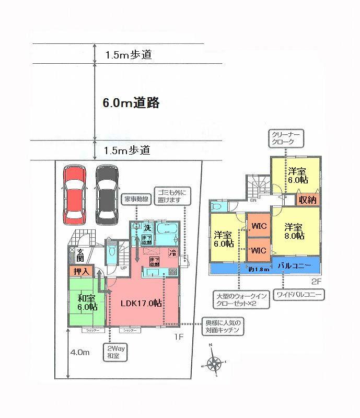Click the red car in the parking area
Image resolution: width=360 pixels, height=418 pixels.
[73, 194]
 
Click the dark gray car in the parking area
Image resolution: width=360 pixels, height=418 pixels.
[107, 194]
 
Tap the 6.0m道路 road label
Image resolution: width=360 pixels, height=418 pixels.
[131, 103]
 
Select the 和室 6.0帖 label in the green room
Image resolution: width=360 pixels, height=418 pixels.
[88, 303]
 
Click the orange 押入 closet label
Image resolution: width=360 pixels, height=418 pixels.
[80, 271]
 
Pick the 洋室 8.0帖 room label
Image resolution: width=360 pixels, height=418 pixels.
[294, 231]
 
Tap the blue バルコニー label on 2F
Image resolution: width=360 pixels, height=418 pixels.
[295, 266]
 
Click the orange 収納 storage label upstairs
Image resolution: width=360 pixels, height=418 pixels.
[307, 200]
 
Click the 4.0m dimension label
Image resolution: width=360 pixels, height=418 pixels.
[79, 353]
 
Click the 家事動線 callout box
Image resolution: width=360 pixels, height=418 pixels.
[135, 199]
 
